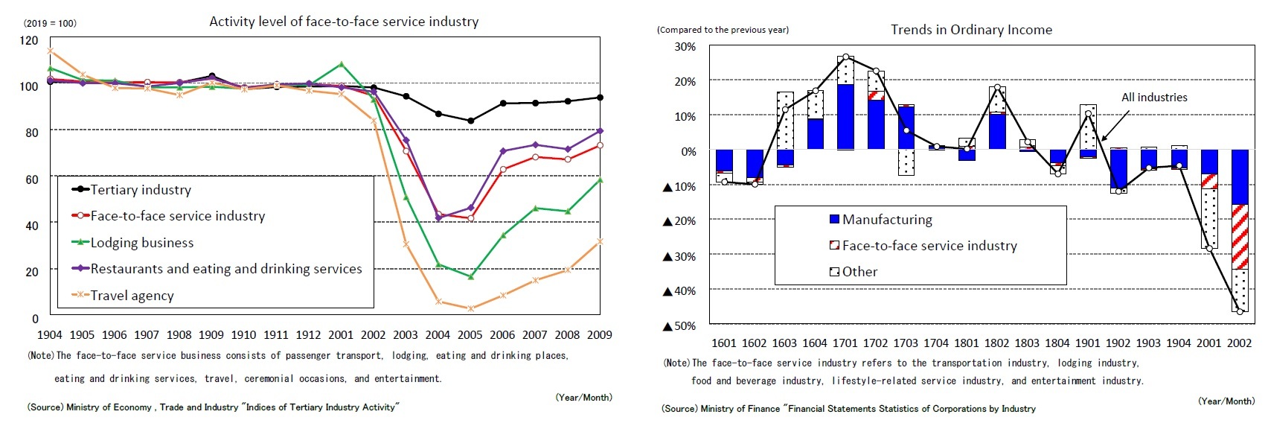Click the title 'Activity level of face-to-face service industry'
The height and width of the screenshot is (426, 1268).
click(344, 22)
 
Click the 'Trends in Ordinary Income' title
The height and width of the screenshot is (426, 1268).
click(971, 30)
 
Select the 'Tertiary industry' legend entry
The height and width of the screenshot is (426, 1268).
click(141, 190)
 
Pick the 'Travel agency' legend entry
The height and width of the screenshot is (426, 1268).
click(132, 296)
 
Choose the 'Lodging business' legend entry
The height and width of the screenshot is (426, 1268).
click(141, 243)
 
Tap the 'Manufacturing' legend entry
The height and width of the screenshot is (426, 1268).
click(887, 220)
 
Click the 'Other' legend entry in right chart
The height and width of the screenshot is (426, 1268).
click(859, 272)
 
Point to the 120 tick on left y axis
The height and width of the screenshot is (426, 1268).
click(29, 40)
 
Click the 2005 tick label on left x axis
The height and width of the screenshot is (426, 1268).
click(470, 335)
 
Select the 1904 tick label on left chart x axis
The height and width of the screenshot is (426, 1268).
click(50, 335)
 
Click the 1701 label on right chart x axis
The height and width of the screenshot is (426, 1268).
click(845, 343)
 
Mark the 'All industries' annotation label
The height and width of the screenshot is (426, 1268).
click(1154, 98)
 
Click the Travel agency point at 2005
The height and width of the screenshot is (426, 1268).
click(470, 308)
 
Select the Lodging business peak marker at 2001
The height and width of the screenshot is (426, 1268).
click(341, 64)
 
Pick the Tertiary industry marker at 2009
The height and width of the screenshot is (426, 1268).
click(600, 98)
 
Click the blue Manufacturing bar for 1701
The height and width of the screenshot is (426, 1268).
click(845, 117)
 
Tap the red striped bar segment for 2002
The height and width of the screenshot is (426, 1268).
click(1239, 236)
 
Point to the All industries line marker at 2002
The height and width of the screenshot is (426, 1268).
click(1240, 311)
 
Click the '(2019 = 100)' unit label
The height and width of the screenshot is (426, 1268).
click(50, 23)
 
